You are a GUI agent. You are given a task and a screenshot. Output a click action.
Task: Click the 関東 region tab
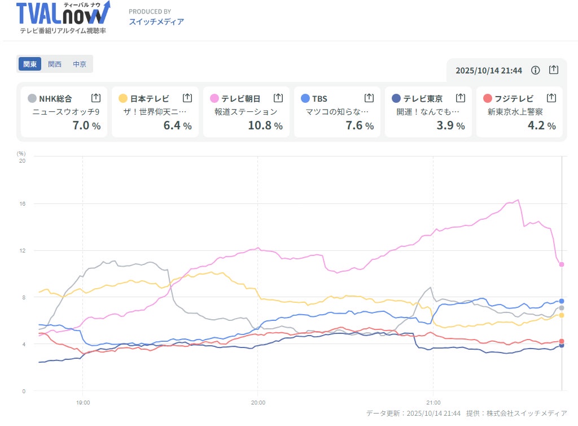click(x=30, y=64)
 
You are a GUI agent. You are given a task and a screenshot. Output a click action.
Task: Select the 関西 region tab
click(x=55, y=64)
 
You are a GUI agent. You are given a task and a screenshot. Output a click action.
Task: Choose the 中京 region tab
click(x=80, y=64)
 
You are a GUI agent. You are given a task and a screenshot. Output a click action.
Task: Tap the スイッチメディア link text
click(x=156, y=21)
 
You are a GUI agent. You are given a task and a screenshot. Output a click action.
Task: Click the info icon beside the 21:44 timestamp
click(x=536, y=70)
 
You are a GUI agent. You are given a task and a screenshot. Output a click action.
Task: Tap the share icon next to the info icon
click(x=554, y=70)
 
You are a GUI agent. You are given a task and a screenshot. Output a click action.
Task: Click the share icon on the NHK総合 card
click(x=96, y=98)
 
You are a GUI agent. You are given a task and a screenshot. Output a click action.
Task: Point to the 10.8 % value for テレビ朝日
click(x=265, y=125)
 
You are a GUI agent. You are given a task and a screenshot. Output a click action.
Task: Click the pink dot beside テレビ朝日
click(x=214, y=98)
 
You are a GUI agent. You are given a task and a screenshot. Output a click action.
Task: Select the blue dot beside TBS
click(x=305, y=98)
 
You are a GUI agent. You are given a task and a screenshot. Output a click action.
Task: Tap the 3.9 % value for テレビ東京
click(x=450, y=125)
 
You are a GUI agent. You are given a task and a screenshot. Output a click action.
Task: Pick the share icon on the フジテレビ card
click(x=551, y=98)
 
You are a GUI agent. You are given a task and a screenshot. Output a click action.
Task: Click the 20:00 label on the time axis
click(x=258, y=403)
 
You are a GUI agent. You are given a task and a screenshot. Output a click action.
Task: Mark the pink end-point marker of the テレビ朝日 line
click(x=562, y=264)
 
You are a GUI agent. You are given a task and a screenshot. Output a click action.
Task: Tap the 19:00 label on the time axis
click(x=83, y=403)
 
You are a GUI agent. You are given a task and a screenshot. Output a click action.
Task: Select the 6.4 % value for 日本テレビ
click(x=177, y=125)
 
